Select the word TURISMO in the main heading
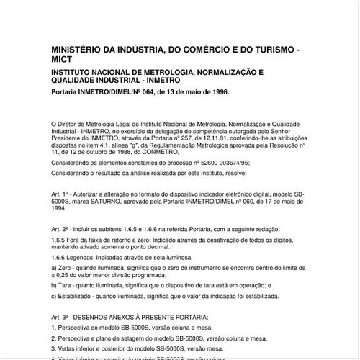click(270, 49)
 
